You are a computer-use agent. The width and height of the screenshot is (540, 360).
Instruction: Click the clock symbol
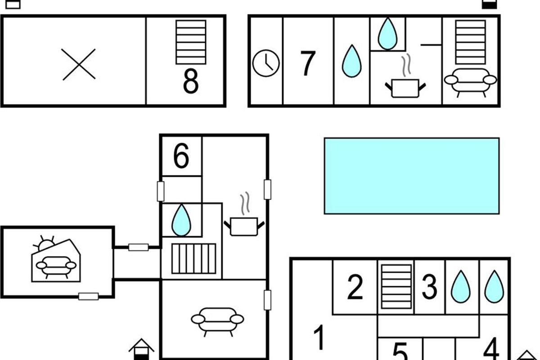pos(266,63)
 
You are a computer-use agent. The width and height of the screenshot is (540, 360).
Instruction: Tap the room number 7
pos(308,63)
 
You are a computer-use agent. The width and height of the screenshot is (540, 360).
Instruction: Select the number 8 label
pos(191,81)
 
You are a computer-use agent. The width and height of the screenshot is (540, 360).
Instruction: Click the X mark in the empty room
pos(79,64)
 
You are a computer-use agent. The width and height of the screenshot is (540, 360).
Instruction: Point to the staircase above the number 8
pos(191,42)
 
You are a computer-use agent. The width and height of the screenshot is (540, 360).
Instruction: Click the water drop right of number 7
pos(352,61)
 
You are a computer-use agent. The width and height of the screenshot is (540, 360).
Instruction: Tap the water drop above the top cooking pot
pos(387,33)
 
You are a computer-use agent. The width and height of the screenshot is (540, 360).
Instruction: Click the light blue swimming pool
pos(412,176)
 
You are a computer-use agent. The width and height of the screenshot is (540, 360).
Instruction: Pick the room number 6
pos(181,156)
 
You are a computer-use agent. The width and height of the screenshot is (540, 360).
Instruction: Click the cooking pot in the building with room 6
pos(244,226)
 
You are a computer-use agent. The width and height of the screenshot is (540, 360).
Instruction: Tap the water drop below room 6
pos(181,220)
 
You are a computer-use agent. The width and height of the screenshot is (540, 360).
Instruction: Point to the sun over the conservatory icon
pos(45,244)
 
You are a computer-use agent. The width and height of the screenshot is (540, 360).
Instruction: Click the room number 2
pos(355,287)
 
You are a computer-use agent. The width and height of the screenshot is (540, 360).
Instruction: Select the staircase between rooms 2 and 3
pos(396,287)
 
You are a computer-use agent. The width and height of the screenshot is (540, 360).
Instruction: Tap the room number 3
pos(430,287)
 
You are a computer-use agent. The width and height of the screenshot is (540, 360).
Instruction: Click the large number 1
pos(319,337)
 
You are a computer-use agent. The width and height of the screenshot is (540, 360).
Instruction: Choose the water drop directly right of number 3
pos(461,287)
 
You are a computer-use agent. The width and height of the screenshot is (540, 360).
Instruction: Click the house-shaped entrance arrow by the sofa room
pos(141,349)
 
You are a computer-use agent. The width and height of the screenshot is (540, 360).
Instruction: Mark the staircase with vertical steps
pos(194,258)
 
